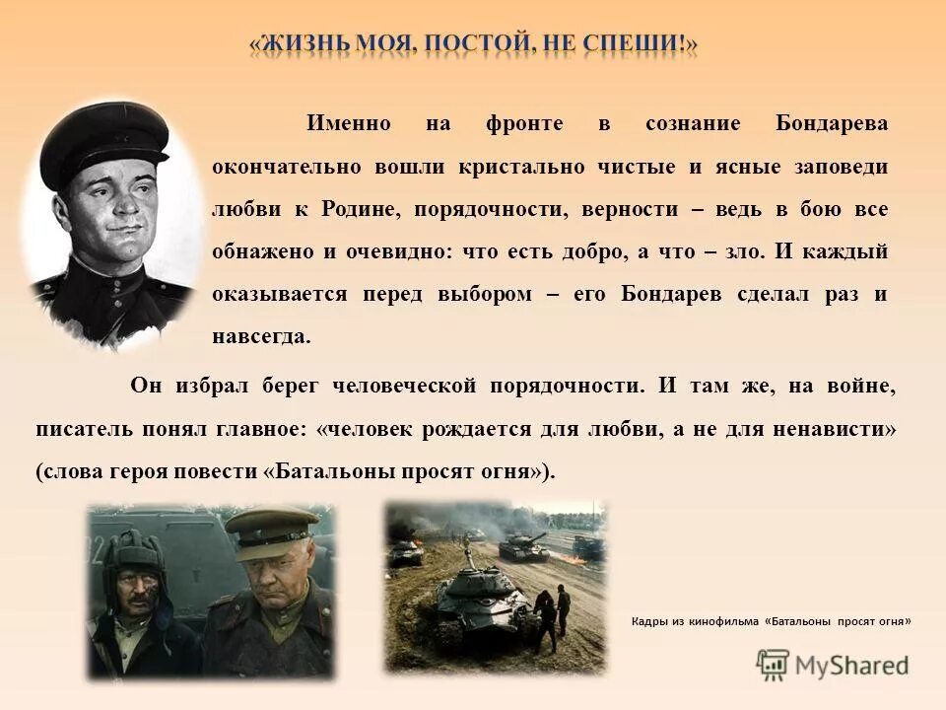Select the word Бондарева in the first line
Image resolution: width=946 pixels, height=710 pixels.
[x=832, y=124]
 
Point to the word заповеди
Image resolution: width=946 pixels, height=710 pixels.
[x=841, y=167]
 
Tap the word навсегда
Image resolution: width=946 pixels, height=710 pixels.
[x=261, y=336]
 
